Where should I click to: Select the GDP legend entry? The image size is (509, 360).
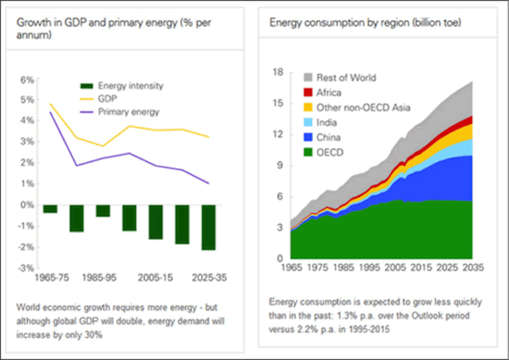pyautogui.click(x=108, y=98)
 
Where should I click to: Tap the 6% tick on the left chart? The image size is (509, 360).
pyautogui.click(x=25, y=80)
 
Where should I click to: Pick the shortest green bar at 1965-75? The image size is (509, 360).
pyautogui.click(x=50, y=209)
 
